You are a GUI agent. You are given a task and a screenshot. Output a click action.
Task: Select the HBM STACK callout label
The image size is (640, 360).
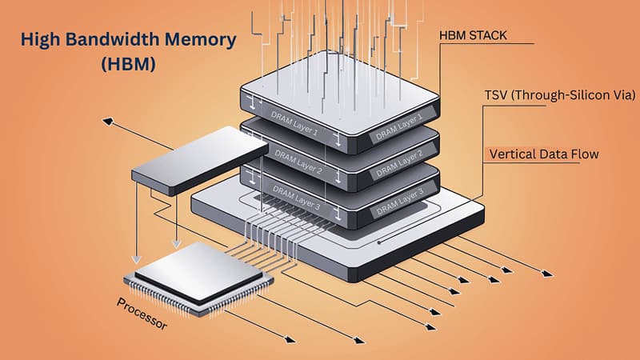[472, 36]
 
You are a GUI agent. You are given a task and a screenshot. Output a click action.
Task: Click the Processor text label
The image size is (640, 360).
[141, 315]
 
